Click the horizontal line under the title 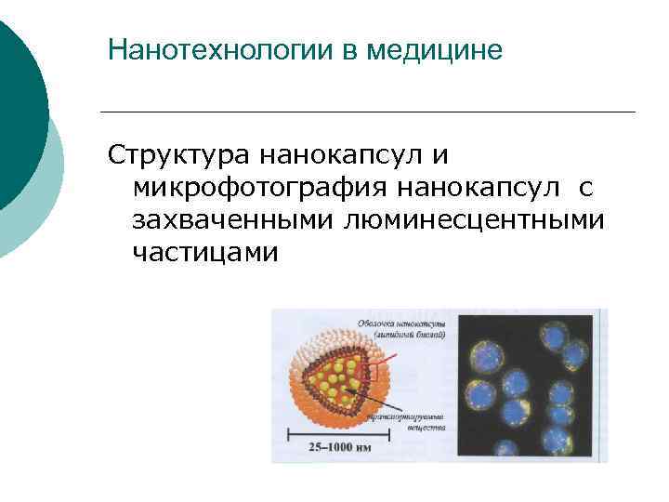click(x=367, y=112)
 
